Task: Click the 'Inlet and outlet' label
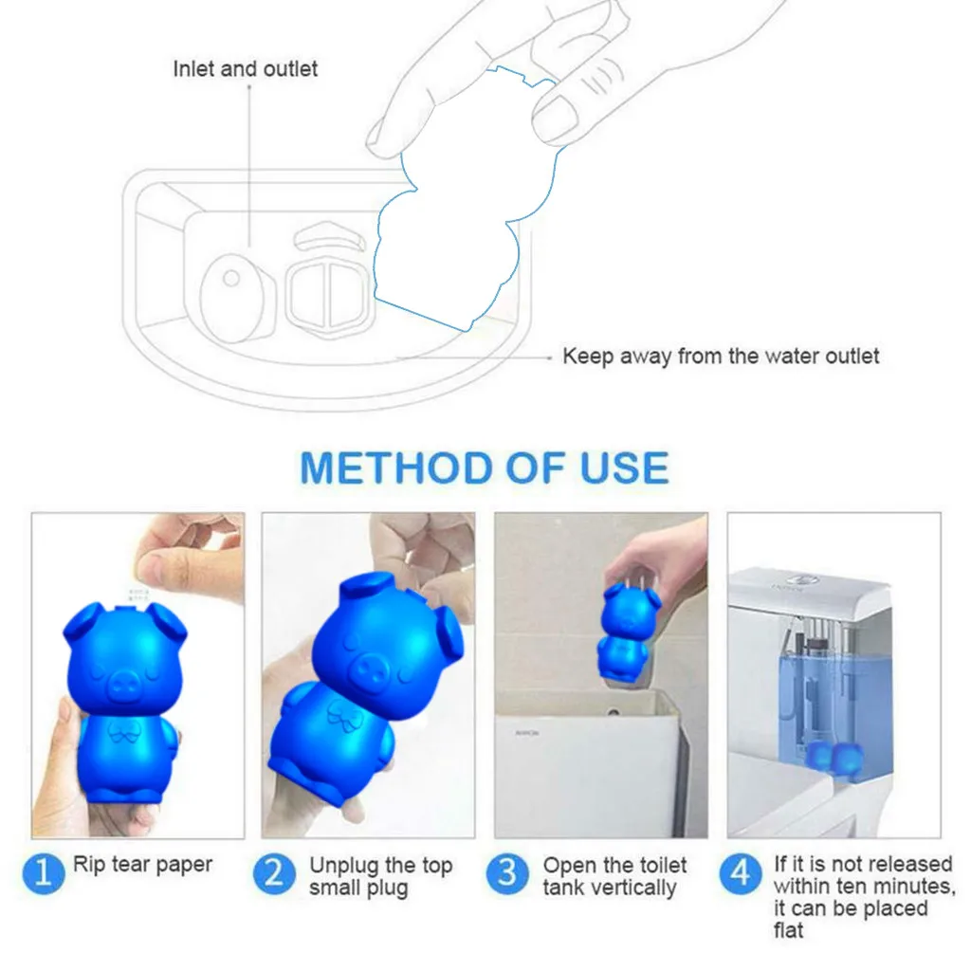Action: tap(246, 68)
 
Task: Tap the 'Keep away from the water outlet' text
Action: tap(721, 357)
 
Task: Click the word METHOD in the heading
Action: tap(397, 468)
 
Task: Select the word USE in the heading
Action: tap(624, 468)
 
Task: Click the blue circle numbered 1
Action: tap(44, 873)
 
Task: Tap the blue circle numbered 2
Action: tap(274, 873)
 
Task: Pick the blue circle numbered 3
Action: tap(507, 873)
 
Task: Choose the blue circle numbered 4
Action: tap(740, 873)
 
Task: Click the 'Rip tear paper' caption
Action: tap(142, 865)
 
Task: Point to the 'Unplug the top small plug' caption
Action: tap(380, 876)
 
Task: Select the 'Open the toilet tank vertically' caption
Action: tap(614, 876)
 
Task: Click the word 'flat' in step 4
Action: tap(788, 930)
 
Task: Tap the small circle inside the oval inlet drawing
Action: tap(231, 278)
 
